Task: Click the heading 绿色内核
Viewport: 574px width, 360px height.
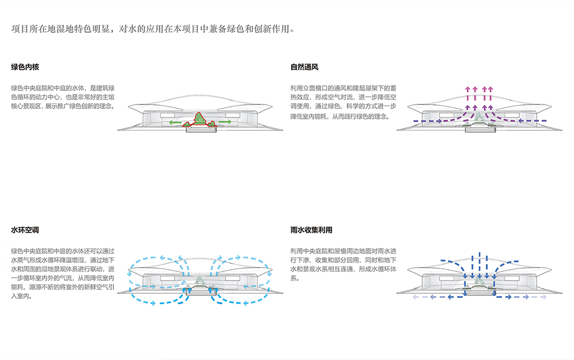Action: pyautogui.click(x=25, y=67)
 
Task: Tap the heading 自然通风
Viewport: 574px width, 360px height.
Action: pyautogui.click(x=304, y=67)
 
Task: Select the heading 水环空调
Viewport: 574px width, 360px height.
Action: pyautogui.click(x=25, y=230)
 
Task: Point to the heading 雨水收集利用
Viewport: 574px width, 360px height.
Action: pyautogui.click(x=311, y=230)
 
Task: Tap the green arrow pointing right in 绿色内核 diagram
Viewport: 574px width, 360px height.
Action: pyautogui.click(x=223, y=122)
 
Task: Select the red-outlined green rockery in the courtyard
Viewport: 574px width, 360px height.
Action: pyautogui.click(x=199, y=120)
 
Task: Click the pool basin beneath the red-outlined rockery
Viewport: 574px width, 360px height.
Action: pyautogui.click(x=201, y=129)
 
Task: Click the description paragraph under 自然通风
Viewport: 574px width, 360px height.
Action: pyautogui.click(x=343, y=102)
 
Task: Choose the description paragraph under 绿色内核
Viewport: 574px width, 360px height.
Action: pyautogui.click(x=63, y=98)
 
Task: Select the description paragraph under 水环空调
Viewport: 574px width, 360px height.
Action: pyautogui.click(x=63, y=273)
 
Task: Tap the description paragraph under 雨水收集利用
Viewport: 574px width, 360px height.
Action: pyautogui.click(x=343, y=265)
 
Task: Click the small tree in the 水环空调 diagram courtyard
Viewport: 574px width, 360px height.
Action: pyautogui.click(x=199, y=280)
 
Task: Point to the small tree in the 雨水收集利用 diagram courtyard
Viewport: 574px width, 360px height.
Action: pyautogui.click(x=479, y=280)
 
